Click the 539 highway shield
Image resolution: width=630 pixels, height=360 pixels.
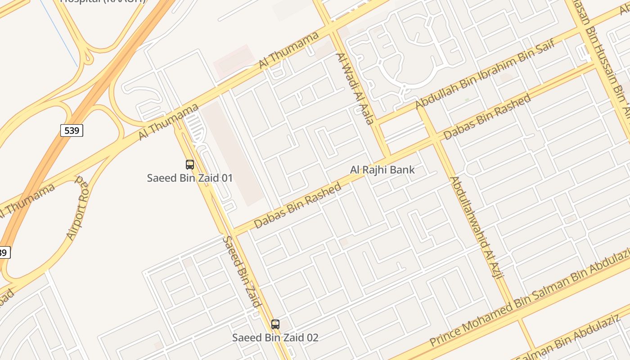pos(72,130)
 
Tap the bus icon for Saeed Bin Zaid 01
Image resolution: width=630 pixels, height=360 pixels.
pos(190,165)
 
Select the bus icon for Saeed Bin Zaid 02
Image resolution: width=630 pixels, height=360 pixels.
pos(275,324)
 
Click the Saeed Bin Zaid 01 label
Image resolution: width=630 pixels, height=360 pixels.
pos(190,178)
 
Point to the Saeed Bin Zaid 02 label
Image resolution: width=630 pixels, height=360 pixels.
pos(275,337)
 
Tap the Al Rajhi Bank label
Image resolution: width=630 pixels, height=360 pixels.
pos(382,170)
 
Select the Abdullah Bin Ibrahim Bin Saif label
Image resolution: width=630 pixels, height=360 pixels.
pos(484,74)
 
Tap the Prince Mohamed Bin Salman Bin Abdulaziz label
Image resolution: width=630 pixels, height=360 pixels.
pos(529,299)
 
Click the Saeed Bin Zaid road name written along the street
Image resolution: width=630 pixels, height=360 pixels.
pos(242,271)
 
